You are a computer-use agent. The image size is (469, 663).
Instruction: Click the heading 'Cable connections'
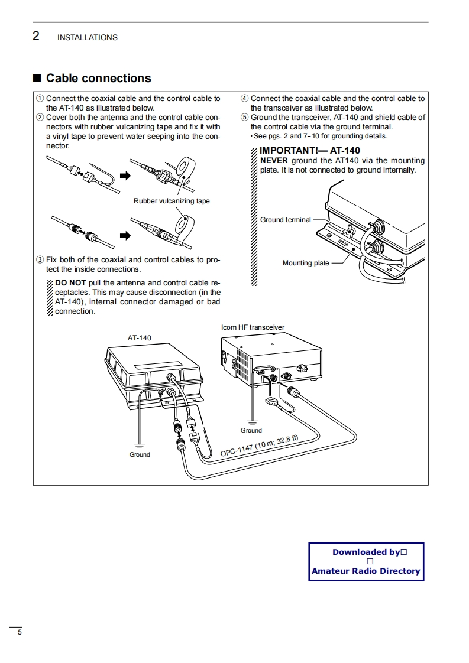98,79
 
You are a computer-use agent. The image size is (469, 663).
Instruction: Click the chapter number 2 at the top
36,37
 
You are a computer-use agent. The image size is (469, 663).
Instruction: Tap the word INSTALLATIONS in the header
88,38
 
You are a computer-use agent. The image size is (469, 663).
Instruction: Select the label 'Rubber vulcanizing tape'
172,201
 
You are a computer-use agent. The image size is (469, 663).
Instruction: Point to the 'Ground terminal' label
285,220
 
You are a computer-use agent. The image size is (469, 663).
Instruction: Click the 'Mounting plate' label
306,263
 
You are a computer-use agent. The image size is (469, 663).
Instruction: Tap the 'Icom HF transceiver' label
253,327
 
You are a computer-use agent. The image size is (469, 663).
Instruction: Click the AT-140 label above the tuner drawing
140,338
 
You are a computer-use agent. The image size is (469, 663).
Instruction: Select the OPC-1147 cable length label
260,446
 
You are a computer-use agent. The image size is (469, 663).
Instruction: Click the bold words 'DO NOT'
70,282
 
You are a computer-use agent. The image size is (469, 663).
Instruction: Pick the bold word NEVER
274,160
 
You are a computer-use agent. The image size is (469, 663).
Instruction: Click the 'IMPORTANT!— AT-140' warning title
310,151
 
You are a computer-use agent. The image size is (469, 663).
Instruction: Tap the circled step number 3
40,260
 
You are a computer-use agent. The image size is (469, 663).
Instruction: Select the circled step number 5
244,118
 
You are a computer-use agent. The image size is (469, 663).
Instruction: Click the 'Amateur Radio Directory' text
366,571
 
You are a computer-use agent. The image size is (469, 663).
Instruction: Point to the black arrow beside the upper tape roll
124,175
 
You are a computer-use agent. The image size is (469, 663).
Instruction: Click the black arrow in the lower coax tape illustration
124,236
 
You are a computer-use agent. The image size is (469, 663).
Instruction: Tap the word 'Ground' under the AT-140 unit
140,454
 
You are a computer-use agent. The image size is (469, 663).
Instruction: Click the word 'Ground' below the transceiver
251,430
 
